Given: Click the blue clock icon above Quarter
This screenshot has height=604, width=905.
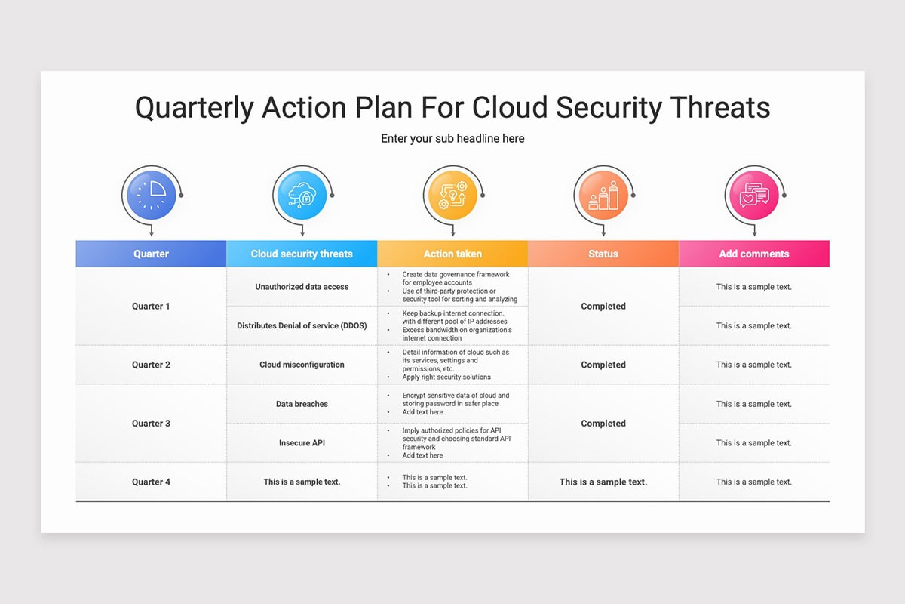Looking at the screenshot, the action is coord(152,195).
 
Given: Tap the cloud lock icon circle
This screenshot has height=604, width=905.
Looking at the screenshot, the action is coord(302,195).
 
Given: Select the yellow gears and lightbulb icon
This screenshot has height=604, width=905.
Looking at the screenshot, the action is coord(453,195).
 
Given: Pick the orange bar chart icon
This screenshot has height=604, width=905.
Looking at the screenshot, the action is coord(603,195).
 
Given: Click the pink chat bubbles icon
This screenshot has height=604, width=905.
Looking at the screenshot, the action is coord(754,195).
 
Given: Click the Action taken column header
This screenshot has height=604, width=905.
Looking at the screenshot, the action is coord(452,254).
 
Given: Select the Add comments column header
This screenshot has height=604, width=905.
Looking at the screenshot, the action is coord(754,254).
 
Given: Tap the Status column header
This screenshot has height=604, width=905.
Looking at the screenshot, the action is coord(603,254).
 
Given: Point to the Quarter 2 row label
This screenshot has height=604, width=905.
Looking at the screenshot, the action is coord(151,365).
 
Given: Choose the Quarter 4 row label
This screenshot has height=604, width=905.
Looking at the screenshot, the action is coord(151,482).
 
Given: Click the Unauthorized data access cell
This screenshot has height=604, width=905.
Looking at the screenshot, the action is coord(302,287).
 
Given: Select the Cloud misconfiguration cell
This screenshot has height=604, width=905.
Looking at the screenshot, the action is coord(302,365).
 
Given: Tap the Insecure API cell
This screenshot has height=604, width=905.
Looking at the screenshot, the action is coord(302,443).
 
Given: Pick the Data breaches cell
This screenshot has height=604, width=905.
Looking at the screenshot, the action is coord(302,404).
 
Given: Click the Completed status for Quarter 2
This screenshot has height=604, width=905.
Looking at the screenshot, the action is coord(603,365).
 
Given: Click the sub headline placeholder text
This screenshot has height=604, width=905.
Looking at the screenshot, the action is coord(452,139).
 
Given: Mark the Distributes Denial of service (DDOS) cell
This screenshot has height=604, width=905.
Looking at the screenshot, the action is coord(302,325).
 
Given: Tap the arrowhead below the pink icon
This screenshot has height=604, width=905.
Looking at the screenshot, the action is coord(754,234).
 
